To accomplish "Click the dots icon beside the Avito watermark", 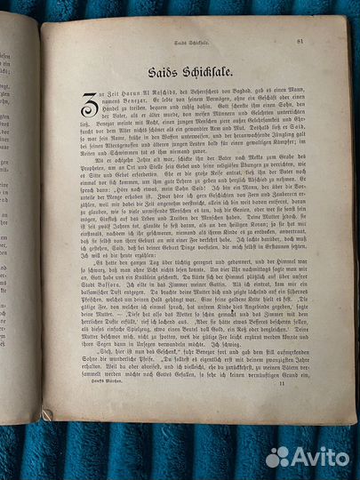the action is [278, 455].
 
